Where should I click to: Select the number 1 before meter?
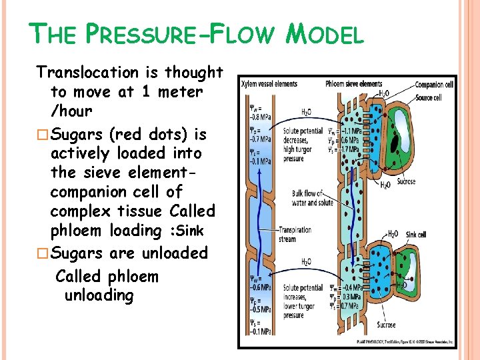(145, 92)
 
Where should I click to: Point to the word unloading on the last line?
(99, 295)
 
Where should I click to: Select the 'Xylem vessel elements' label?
(269, 84)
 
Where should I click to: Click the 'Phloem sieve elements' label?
(353, 84)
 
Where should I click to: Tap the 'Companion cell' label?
(434, 85)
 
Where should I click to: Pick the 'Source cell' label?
(429, 97)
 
